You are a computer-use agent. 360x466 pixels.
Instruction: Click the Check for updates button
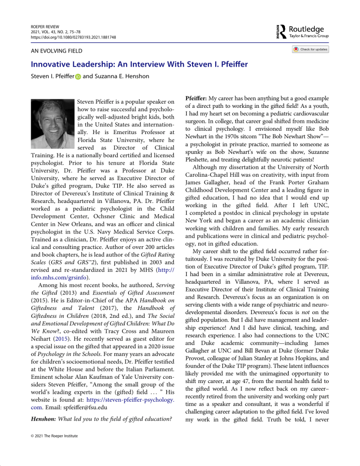pos(311,49)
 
